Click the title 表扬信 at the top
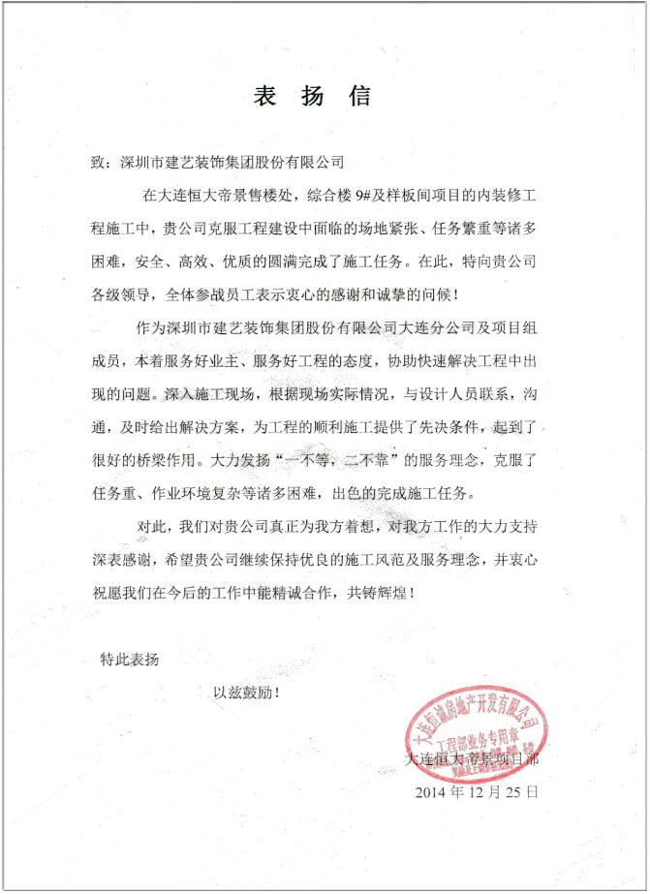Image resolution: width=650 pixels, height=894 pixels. tap(311, 98)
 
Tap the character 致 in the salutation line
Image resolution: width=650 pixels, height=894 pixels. tap(97, 162)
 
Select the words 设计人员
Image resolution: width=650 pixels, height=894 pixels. tap(436, 395)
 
